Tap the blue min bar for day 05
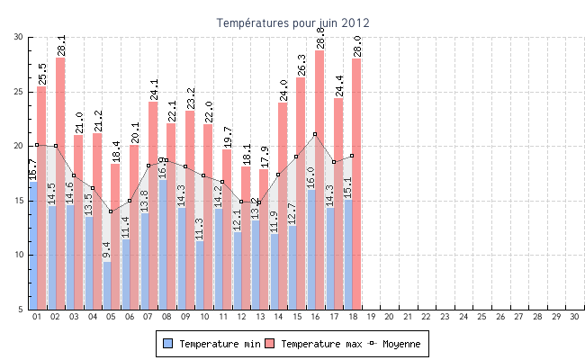click(x=107, y=285)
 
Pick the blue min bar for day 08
click(x=163, y=244)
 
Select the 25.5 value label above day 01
click(x=41, y=74)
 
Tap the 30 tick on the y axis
click(x=19, y=37)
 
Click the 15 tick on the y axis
click(x=19, y=201)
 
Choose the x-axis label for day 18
click(x=352, y=317)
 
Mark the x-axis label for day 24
click(x=463, y=317)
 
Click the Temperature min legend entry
click(x=213, y=344)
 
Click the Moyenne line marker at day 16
click(x=315, y=134)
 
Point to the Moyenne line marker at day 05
click(x=111, y=211)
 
